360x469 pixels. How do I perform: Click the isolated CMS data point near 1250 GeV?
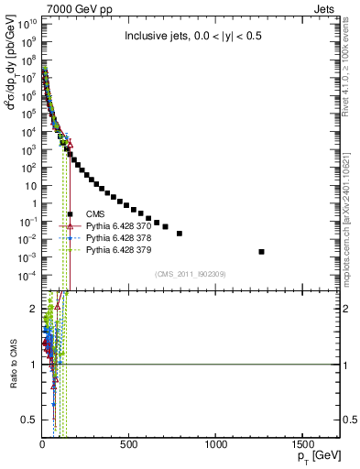tap(287, 252)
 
